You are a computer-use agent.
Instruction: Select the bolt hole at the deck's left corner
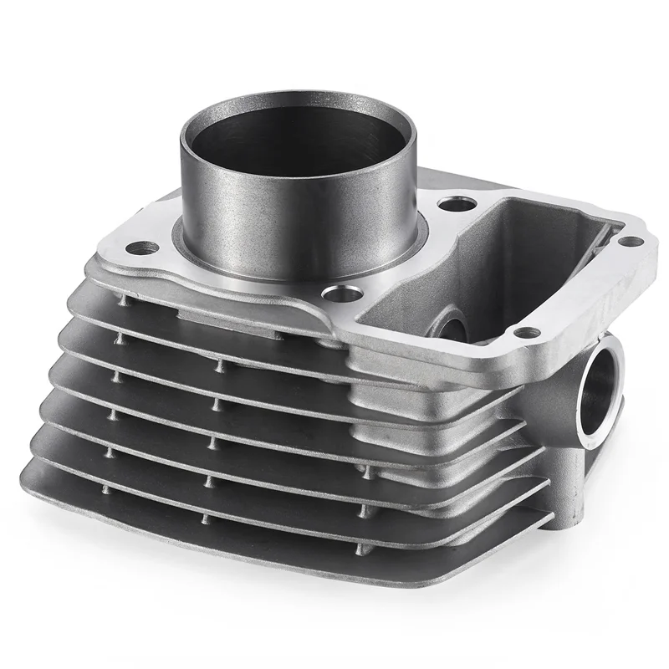click(143, 248)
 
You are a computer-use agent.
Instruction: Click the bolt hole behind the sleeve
click(452, 203)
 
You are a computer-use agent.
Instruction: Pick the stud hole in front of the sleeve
click(341, 293)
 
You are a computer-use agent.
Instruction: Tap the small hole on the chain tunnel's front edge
click(524, 333)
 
